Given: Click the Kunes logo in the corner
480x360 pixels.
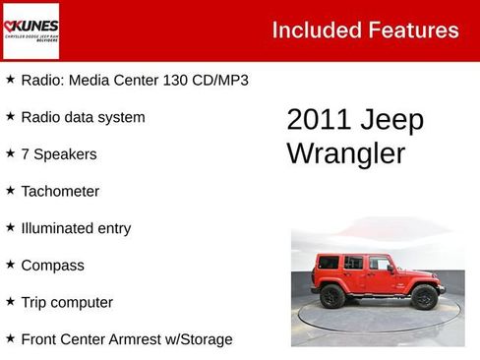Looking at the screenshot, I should coord(30,30).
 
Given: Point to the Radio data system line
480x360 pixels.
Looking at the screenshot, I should coord(83,117).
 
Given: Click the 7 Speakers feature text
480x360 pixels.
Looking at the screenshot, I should coord(59,154).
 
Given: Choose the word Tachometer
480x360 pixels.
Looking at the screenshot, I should coord(60,191).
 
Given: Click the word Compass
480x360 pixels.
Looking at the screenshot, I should coord(52,266).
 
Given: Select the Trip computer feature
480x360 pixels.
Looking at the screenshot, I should coord(67,302).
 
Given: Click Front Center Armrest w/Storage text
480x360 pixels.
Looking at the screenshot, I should coord(127,339).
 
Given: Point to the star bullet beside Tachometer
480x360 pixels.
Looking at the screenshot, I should coord(10,190).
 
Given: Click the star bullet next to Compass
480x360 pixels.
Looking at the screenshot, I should coord(10,265).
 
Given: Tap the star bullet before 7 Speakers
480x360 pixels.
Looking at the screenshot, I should coord(10,153).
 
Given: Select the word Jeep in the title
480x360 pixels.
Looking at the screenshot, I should coord(393,120).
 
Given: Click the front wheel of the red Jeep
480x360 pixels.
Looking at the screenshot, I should coord(424,296).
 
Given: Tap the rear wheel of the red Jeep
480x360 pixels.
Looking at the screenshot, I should coord(331,295).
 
